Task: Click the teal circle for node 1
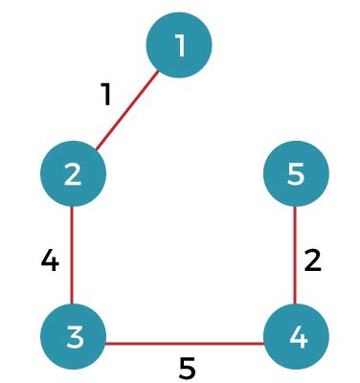[179, 45]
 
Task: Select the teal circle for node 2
[73, 173]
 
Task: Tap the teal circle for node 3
[73, 336]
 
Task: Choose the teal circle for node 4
[296, 336]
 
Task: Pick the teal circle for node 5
[296, 173]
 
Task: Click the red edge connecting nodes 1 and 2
[127, 110]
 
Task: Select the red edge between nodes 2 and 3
[72, 255]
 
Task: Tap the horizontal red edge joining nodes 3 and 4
[185, 344]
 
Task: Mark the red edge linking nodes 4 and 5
[295, 255]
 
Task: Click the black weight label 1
[106, 94]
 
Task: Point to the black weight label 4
[50, 260]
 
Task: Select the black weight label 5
[187, 368]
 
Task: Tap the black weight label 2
[313, 260]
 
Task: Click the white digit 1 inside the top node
[180, 45]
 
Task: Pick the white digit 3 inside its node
[75, 337]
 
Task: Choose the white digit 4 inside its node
[299, 337]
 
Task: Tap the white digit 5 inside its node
[296, 174]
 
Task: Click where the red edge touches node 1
[158, 71]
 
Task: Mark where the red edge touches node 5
[295, 207]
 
